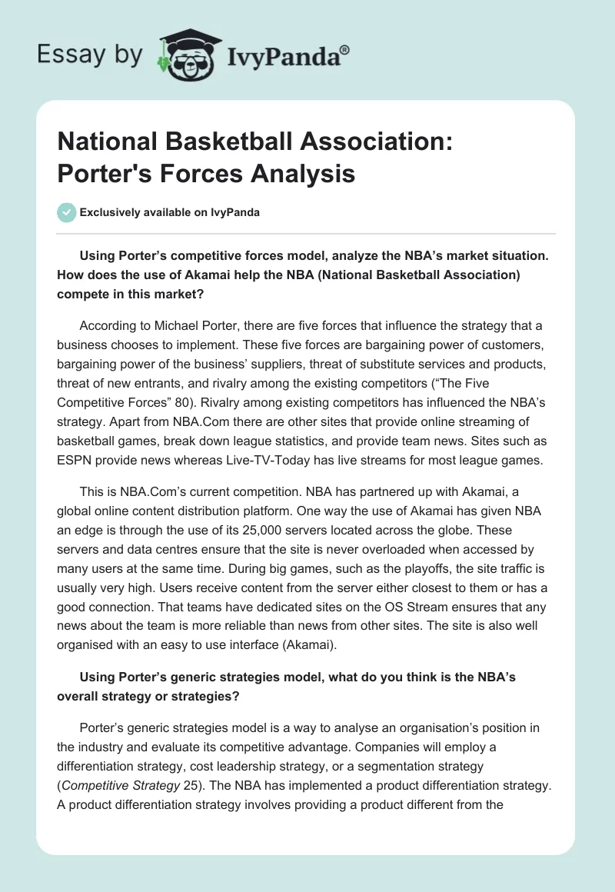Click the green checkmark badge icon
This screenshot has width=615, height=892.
click(67, 213)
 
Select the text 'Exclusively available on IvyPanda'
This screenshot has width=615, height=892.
click(169, 213)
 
